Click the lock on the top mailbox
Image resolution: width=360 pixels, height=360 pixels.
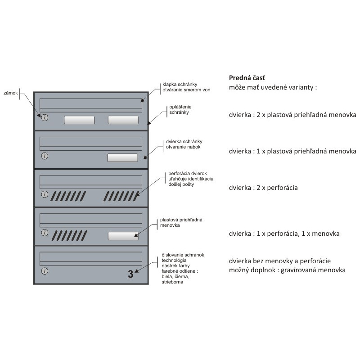[45, 118]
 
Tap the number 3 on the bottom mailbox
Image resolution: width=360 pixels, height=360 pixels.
[130, 274]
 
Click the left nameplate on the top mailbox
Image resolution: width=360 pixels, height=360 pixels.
[79, 120]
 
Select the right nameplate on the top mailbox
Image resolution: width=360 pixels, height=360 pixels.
[123, 120]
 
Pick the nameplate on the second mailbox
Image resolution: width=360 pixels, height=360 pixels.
[123, 158]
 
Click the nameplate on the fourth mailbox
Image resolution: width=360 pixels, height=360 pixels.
[123, 236]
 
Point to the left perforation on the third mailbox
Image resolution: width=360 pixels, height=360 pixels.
[68, 196]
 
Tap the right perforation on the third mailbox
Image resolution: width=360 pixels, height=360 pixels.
[121, 196]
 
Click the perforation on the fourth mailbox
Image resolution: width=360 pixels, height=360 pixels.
[69, 236]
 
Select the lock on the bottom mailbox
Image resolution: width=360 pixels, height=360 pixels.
[45, 271]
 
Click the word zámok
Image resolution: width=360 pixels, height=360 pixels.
[10, 93]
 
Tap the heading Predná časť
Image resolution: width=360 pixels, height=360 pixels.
[247, 78]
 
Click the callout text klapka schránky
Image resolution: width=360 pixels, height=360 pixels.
[180, 84]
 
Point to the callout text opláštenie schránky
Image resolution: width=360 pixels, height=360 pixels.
[180, 109]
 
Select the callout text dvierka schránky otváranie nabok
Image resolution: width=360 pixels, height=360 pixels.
[184, 144]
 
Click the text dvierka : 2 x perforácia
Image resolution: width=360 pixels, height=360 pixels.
[263, 188]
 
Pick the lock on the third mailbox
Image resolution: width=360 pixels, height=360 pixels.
[45, 194]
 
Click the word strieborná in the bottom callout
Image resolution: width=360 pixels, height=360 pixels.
[172, 282]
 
